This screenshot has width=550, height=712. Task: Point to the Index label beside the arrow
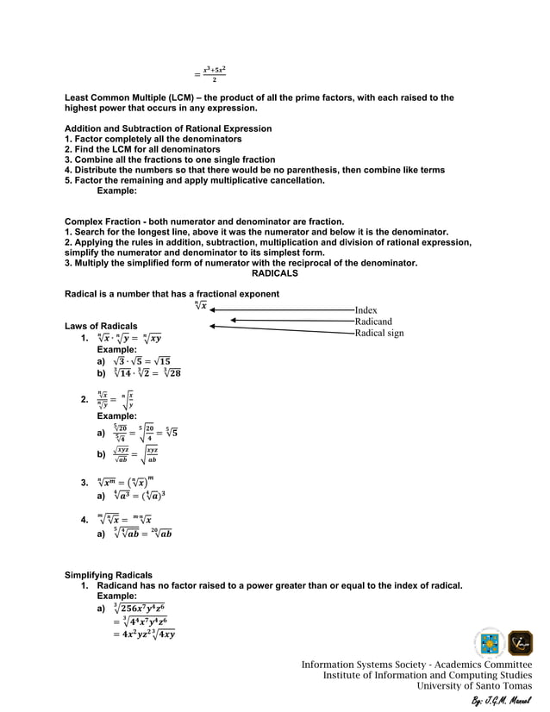pyautogui.click(x=366, y=310)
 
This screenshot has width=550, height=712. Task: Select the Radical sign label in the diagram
pyautogui.click(x=378, y=333)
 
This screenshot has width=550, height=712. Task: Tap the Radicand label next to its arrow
pyautogui.click(x=373, y=322)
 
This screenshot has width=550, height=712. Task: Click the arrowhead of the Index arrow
pyautogui.click(x=213, y=309)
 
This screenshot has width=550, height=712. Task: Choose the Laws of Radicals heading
pyautogui.click(x=100, y=326)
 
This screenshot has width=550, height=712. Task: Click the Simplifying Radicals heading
pyautogui.click(x=109, y=575)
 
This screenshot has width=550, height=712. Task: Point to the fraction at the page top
pyautogui.click(x=214, y=73)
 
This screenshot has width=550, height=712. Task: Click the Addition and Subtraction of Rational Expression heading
pyautogui.click(x=168, y=128)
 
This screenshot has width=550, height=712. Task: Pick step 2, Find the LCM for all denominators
pyautogui.click(x=142, y=149)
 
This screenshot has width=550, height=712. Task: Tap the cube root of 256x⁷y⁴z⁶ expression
pyautogui.click(x=139, y=608)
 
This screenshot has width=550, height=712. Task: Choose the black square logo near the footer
pyautogui.click(x=520, y=644)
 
